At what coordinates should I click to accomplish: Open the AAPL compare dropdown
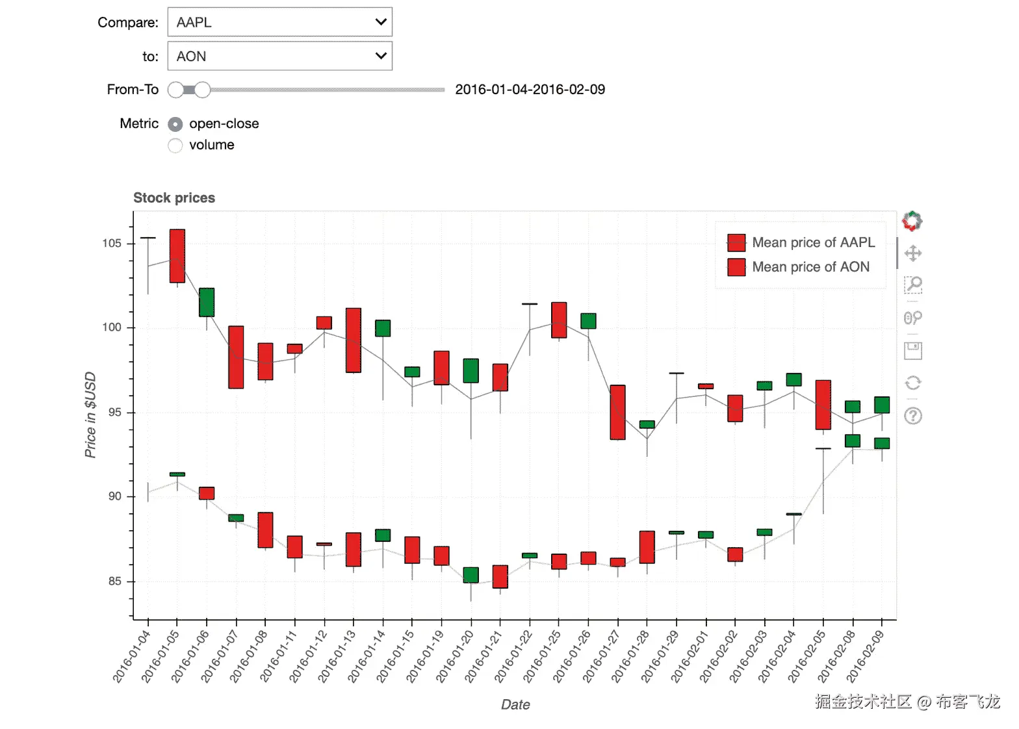279,22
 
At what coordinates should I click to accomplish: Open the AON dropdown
279,57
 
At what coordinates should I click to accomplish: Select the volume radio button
175,146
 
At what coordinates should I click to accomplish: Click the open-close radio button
175,124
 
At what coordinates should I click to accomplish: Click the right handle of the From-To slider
203,90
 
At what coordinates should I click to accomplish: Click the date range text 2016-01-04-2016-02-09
530,90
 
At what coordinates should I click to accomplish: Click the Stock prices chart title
174,198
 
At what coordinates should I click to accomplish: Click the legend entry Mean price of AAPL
813,242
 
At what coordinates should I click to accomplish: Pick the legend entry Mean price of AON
810,267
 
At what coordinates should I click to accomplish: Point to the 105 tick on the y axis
112,244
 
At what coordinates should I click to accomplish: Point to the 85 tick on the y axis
114,582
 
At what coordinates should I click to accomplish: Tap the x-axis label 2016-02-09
865,656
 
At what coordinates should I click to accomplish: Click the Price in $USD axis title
90,415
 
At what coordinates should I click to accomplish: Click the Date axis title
515,705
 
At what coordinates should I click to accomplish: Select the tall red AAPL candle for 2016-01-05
177,256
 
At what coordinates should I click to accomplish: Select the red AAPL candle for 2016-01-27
617,413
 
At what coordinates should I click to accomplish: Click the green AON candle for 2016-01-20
471,575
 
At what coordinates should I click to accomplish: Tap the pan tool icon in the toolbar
913,253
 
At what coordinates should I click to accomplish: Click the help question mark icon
913,416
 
